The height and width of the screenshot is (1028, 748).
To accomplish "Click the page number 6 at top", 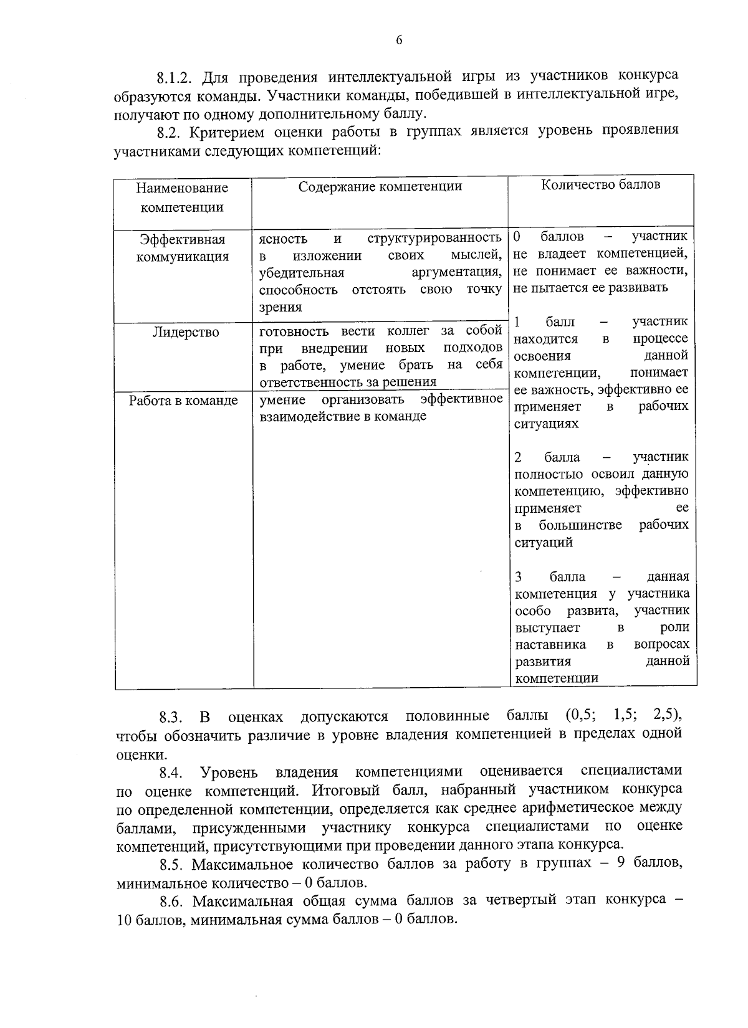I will click(399, 40).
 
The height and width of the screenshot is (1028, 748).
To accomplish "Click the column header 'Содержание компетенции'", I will click(380, 187).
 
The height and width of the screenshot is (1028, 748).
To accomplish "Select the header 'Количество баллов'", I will click(600, 184).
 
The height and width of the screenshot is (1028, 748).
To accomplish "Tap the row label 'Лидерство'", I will click(186, 333).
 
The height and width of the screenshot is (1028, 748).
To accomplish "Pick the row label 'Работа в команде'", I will click(183, 401).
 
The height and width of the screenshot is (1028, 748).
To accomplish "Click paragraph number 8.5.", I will click(171, 865).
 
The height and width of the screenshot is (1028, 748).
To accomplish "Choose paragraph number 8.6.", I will click(171, 902).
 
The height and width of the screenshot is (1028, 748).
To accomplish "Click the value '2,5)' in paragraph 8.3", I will click(668, 715).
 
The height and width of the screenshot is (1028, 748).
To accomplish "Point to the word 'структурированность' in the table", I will click(434, 238).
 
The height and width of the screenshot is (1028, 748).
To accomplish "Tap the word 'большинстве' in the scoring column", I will click(580, 525).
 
